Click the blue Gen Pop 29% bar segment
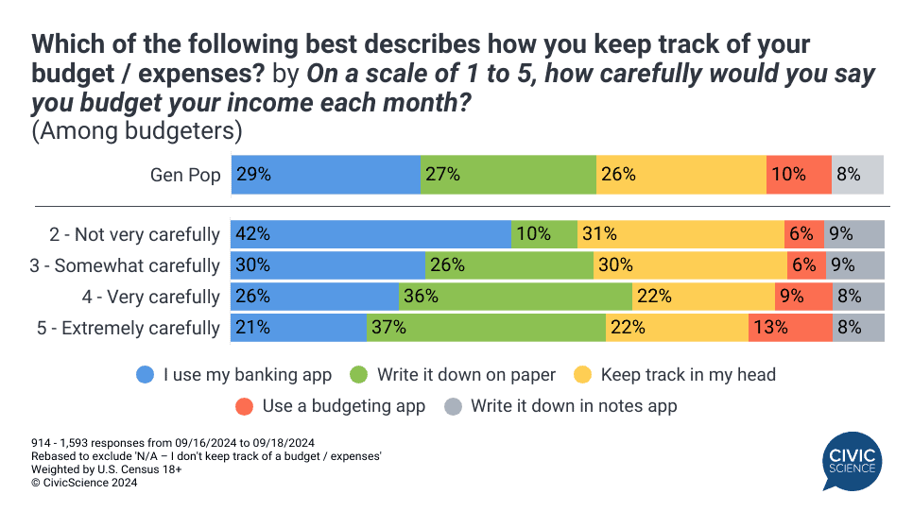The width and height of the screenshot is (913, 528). tap(326, 174)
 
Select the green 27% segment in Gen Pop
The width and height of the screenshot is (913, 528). tap(508, 174)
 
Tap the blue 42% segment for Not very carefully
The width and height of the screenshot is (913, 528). tap(371, 234)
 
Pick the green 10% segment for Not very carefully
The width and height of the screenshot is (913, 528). tap(543, 234)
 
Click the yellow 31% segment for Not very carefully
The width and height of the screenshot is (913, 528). tap(680, 234)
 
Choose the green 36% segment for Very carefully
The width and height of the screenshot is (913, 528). tap(515, 297)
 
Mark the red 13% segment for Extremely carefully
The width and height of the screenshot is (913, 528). tap(790, 328)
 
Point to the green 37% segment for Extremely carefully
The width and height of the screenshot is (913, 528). tap(486, 328)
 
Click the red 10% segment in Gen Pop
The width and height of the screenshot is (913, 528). tap(799, 174)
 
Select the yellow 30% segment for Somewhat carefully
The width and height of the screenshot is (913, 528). tap(690, 265)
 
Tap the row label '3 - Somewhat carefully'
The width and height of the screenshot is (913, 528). tap(125, 265)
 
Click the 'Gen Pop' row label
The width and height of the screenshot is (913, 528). tap(185, 175)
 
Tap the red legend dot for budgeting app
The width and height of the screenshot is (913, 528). tap(245, 406)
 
